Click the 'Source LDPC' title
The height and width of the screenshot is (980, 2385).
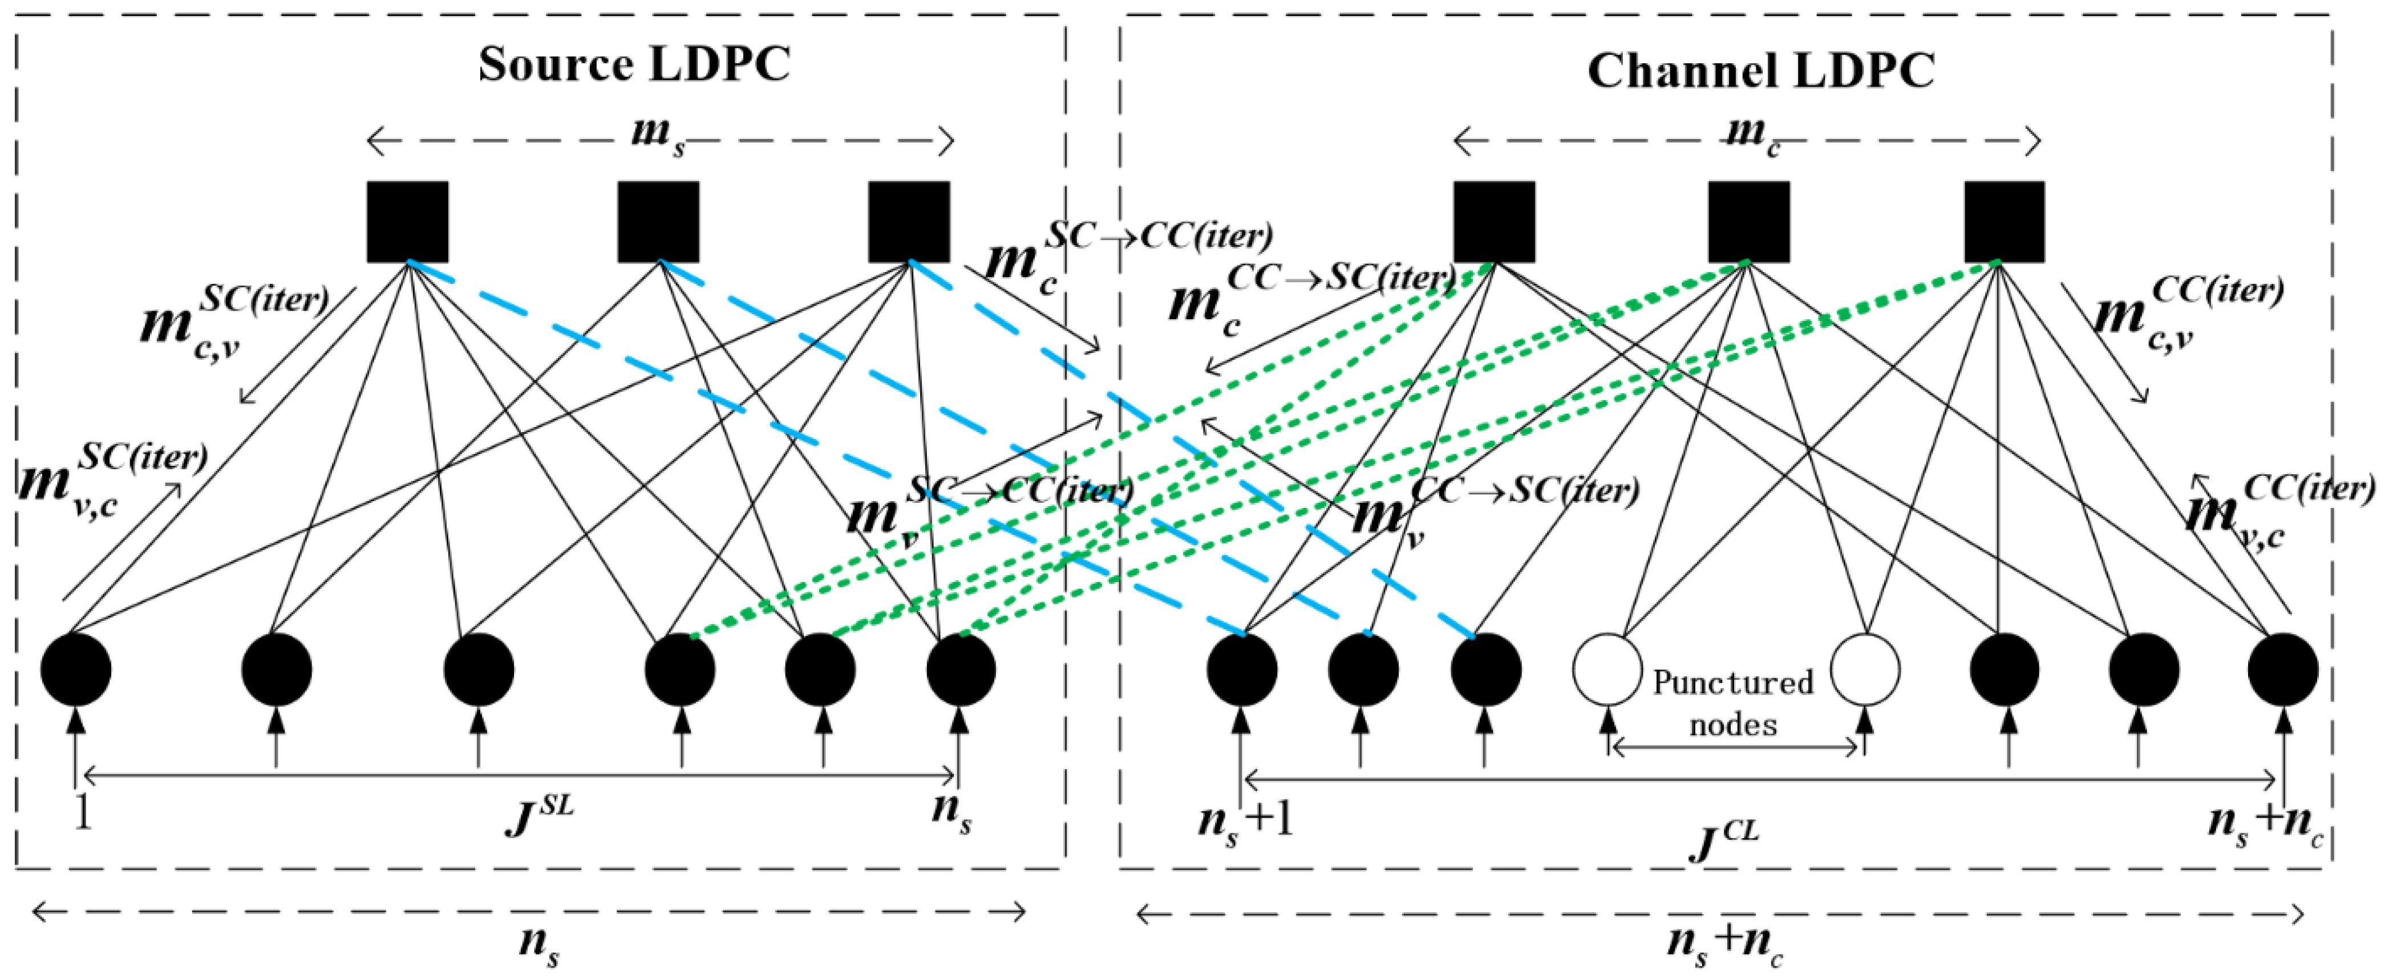click(634, 65)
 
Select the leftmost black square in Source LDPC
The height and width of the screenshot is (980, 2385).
click(407, 222)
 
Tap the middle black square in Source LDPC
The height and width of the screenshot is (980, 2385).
click(658, 222)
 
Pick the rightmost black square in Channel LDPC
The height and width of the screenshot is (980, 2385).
click(2003, 222)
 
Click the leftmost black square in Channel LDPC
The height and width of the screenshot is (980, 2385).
click(1493, 222)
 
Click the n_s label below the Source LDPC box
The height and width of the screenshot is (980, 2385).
click(539, 944)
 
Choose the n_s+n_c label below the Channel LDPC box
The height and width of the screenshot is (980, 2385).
click(1724, 944)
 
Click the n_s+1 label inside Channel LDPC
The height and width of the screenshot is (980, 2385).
click(1245, 820)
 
